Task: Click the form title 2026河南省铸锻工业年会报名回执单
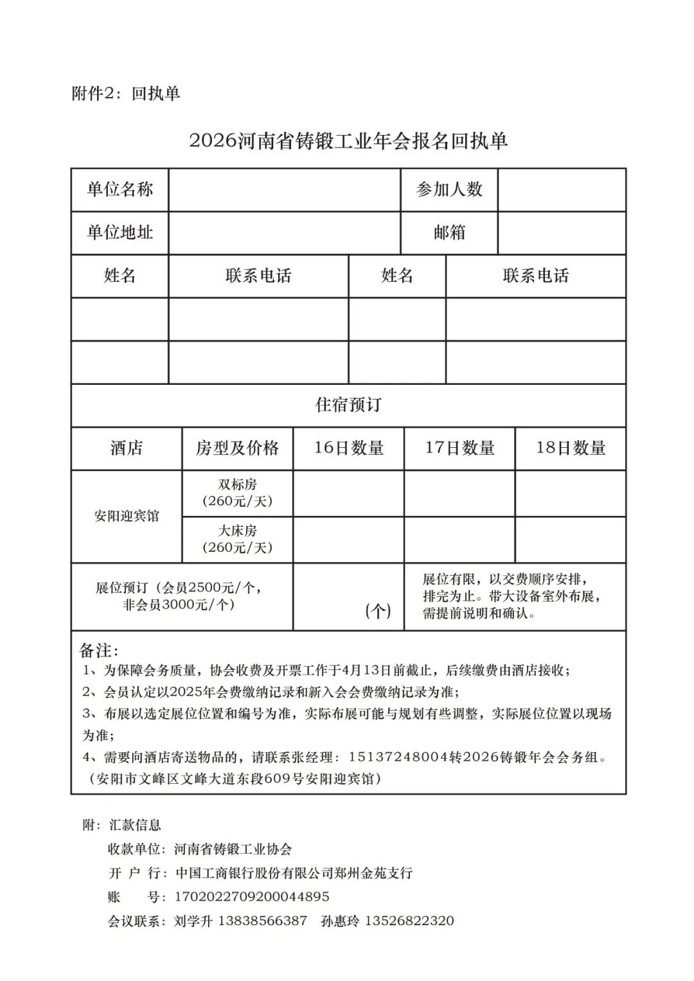[348, 141]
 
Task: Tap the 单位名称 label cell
[120, 190]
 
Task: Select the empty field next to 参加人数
[562, 190]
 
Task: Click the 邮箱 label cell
[449, 233]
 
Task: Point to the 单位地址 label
[120, 233]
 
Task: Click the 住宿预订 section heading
[348, 405]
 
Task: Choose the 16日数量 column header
[349, 448]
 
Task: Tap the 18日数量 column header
[571, 448]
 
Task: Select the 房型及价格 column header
[238, 448]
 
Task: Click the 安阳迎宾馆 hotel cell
[127, 517]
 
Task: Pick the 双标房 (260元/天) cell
[238, 493]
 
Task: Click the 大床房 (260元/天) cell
[238, 539]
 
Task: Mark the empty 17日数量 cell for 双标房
[459, 493]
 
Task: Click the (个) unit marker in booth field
[378, 611]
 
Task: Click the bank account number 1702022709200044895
[252, 897]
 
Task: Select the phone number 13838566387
[263, 921]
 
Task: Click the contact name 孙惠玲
[340, 921]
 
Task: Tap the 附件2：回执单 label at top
[126, 94]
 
